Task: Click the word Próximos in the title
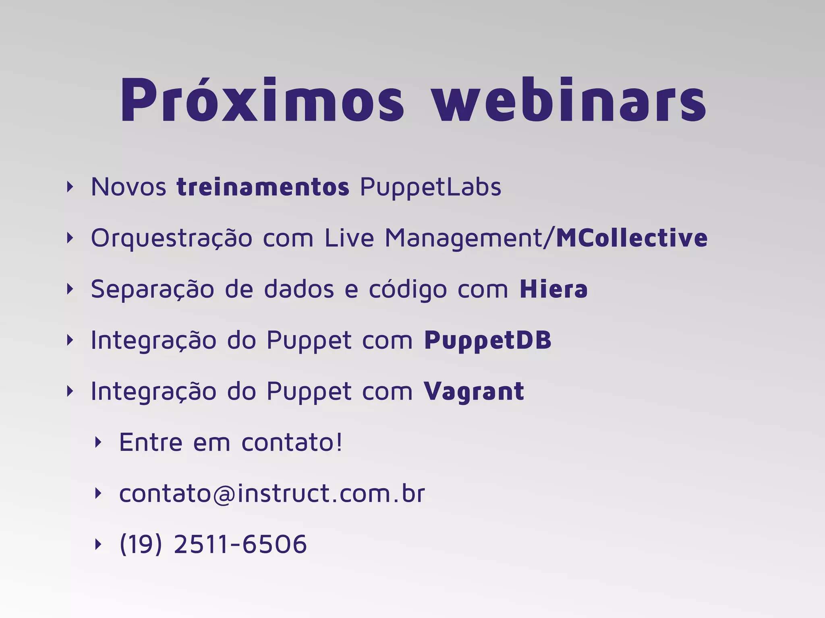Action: pyautogui.click(x=262, y=100)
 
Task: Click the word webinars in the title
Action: pyautogui.click(x=569, y=100)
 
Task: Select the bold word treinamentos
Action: pyautogui.click(x=263, y=187)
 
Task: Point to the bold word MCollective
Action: pyautogui.click(x=631, y=238)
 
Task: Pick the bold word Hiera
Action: pyautogui.click(x=553, y=289)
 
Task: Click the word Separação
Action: pyautogui.click(x=152, y=290)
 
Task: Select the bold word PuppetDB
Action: pyautogui.click(x=487, y=341)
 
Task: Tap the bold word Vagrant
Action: pyautogui.click(x=474, y=392)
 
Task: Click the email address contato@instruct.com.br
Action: pyautogui.click(x=272, y=493)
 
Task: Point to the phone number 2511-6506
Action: pyautogui.click(x=240, y=544)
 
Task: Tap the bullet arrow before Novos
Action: pyautogui.click(x=70, y=187)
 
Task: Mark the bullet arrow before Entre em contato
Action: pyautogui.click(x=98, y=443)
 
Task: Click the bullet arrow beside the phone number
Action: pyautogui.click(x=98, y=544)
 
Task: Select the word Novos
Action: pyautogui.click(x=129, y=187)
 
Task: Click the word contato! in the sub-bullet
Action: pyautogui.click(x=292, y=443)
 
